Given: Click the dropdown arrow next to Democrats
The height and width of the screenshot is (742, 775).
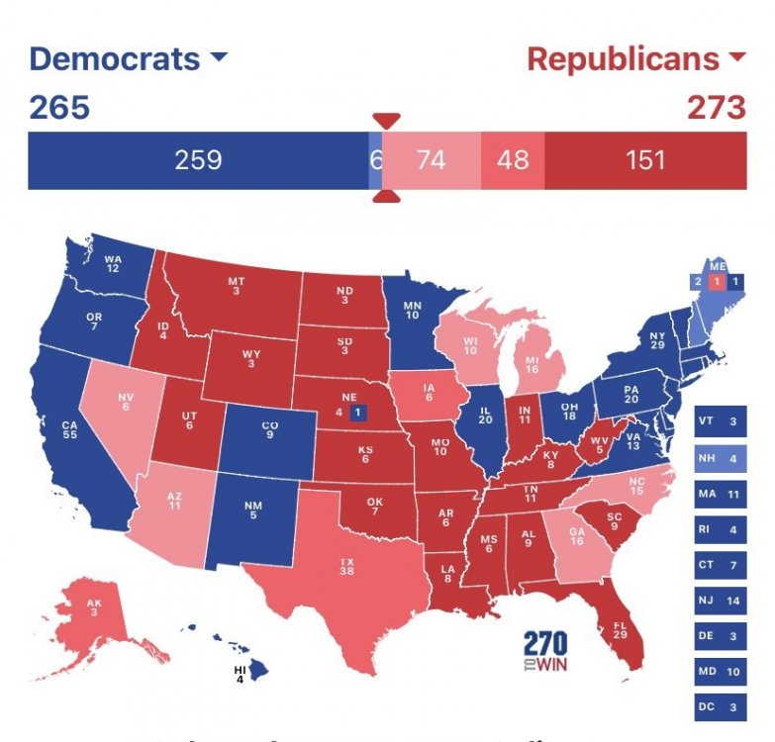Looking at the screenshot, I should point(219,58).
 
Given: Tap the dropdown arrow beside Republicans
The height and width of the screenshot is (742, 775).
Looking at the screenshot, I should point(735,58).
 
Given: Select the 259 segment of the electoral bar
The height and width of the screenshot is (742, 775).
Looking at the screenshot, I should point(198,159).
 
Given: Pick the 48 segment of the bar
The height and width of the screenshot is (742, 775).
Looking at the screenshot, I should point(513,159).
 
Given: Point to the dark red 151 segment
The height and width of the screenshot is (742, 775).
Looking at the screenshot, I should point(645,159).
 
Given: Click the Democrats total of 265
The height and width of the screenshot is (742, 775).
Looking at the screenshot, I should point(59,107).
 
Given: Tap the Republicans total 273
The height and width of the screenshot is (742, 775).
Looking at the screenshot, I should point(715,107).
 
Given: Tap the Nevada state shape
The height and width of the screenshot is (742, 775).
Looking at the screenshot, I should point(124,406).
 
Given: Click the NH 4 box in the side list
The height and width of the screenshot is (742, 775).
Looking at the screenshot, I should point(719,458).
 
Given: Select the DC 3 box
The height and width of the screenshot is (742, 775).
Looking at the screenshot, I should point(719,706).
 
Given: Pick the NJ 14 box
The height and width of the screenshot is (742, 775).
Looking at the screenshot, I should point(719,600).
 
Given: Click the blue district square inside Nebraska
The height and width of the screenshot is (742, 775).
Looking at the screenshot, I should point(357,412).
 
